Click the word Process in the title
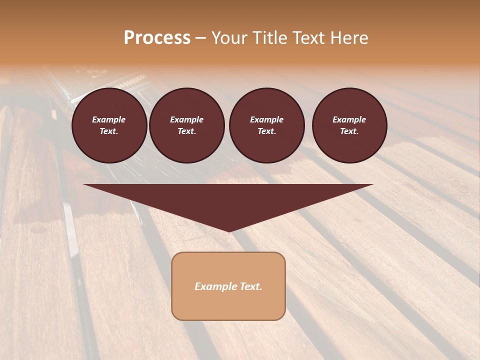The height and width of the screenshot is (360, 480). [x=157, y=38]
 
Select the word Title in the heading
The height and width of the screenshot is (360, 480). [x=269, y=38]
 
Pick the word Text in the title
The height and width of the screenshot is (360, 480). [x=309, y=38]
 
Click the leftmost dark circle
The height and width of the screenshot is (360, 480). [x=109, y=125]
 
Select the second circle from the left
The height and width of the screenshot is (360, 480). [x=187, y=125]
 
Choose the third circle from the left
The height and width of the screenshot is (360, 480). [x=266, y=125]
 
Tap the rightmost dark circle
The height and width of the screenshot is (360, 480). [x=349, y=125]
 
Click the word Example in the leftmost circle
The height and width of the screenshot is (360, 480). [x=109, y=119]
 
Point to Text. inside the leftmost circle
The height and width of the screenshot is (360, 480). [x=109, y=131]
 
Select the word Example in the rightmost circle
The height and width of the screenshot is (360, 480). [x=349, y=119]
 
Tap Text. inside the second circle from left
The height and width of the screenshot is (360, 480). [x=187, y=131]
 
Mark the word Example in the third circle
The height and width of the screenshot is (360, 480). [x=266, y=119]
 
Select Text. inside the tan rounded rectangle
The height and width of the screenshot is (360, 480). [x=250, y=286]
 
